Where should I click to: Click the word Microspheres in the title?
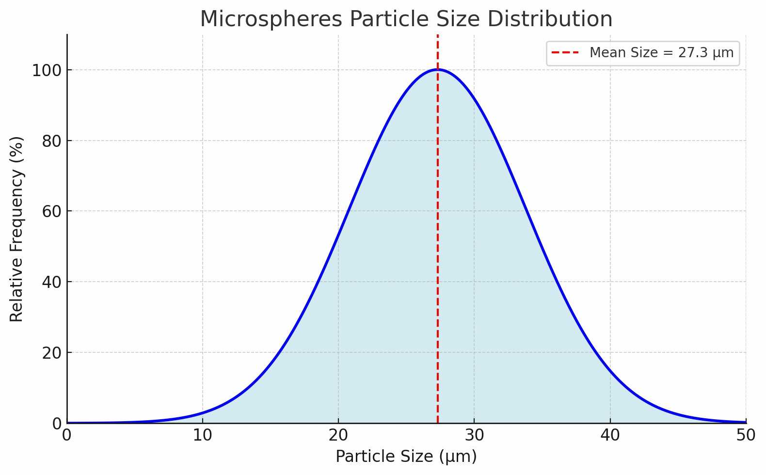tap(271, 19)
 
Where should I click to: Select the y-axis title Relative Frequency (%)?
tap(16, 229)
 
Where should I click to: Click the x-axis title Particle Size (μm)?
tap(406, 457)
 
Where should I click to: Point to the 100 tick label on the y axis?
tap(47, 71)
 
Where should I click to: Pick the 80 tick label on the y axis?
tap(52, 141)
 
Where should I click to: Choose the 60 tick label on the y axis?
tap(52, 212)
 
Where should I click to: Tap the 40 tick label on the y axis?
tap(52, 283)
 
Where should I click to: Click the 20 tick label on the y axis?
tap(52, 353)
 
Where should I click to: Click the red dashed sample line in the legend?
tap(565, 53)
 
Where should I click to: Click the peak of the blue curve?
tap(438, 69)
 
